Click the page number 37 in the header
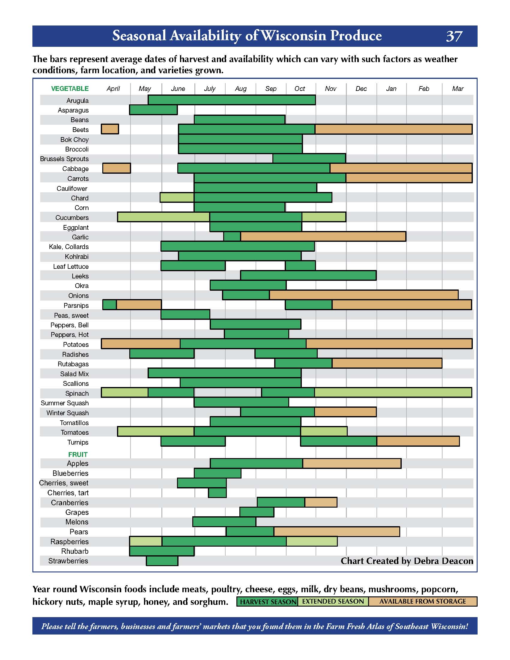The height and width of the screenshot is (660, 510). (454, 36)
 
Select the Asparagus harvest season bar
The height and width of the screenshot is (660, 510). (153, 110)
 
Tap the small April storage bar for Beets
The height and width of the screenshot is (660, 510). (110, 129)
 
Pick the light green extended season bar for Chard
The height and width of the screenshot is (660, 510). (177, 198)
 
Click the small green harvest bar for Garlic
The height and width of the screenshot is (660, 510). (232, 237)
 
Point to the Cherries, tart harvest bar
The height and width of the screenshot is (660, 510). (217, 493)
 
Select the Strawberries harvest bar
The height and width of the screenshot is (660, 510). (162, 561)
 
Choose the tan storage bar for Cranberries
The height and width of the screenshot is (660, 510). (321, 502)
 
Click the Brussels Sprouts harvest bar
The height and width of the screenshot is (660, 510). (309, 158)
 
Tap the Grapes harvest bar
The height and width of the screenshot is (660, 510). (257, 512)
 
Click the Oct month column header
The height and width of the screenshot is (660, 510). (300, 88)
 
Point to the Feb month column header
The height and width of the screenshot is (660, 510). (424, 88)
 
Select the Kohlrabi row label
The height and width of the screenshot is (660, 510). (77, 256)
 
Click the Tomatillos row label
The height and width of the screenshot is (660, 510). (74, 423)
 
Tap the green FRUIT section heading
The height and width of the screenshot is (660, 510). (78, 454)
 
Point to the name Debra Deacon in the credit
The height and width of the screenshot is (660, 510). (443, 561)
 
